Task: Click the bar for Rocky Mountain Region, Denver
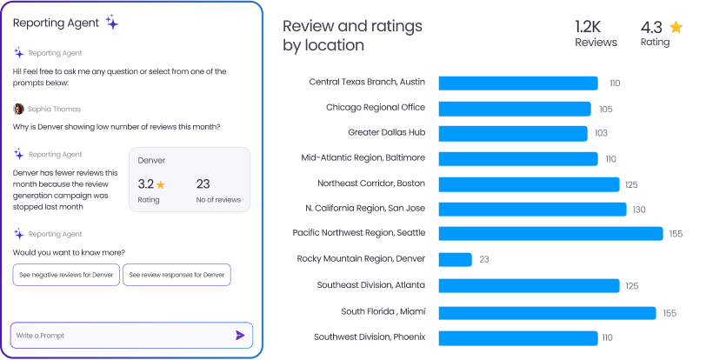(455, 259)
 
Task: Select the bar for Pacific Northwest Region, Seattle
(550, 233)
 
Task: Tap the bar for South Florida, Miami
(547, 312)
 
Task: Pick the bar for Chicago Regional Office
(515, 109)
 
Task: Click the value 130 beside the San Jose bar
(639, 210)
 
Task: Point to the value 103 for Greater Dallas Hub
(601, 133)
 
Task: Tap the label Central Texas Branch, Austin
(367, 82)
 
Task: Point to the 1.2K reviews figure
(589, 26)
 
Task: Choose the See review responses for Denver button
(176, 275)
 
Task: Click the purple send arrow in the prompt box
(240, 335)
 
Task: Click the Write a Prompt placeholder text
(40, 336)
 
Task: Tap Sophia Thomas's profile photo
(18, 109)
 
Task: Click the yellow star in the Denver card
(161, 184)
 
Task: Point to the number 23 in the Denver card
(203, 183)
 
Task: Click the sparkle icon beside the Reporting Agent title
(112, 23)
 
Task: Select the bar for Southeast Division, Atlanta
(529, 285)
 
